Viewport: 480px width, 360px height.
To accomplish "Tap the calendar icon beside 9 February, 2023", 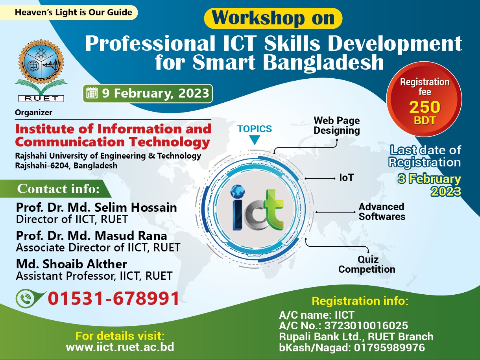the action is [92, 93].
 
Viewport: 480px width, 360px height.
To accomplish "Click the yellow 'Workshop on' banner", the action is [273, 18].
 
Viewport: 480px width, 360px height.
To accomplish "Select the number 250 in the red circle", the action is [425, 107].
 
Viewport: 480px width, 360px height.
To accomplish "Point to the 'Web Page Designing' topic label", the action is [336, 126].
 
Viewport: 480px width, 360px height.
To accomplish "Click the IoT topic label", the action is [346, 178].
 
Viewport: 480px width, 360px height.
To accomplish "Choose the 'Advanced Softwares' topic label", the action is [382, 212].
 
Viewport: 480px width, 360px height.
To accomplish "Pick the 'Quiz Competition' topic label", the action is [367, 264].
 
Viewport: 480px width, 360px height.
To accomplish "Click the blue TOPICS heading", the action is [255, 129].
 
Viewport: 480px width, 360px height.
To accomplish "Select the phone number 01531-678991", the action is [113, 298].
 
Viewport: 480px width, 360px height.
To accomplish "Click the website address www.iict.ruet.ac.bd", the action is [120, 347].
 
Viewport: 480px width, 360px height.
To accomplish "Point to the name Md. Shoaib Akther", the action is [72, 264].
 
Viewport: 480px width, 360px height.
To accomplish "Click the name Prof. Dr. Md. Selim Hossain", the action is [96, 207].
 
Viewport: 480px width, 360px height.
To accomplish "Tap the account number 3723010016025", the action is [366, 325].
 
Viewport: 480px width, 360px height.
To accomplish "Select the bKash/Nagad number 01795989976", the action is [390, 347].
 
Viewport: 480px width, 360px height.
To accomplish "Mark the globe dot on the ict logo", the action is [238, 191].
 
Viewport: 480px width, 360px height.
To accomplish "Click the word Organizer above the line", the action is [34, 113].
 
